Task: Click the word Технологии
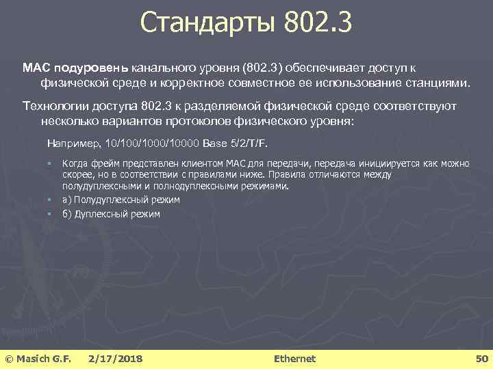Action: (x=52, y=107)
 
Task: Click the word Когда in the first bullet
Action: (x=75, y=164)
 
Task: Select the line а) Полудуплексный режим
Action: (x=121, y=200)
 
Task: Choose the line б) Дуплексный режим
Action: (x=111, y=213)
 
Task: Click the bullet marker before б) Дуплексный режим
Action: (x=49, y=213)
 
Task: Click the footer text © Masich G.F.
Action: (x=38, y=358)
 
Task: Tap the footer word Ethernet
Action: (x=294, y=358)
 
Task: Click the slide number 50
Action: (x=481, y=358)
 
